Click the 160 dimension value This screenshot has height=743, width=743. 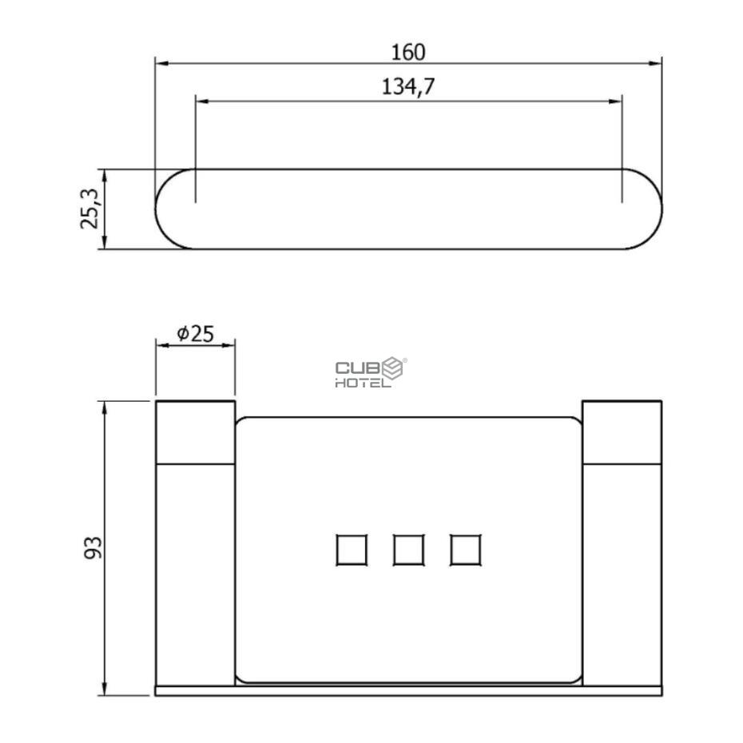[408, 52]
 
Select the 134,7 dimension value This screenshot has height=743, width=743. [408, 87]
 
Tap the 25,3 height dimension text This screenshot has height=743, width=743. [89, 209]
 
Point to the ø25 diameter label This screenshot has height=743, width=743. [195, 334]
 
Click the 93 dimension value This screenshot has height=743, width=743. [93, 548]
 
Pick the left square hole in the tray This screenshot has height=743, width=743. [352, 550]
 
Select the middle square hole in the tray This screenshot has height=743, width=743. [408, 550]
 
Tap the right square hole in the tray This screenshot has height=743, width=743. [466, 550]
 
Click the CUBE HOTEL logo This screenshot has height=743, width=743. [371, 373]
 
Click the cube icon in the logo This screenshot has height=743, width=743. [393, 368]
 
